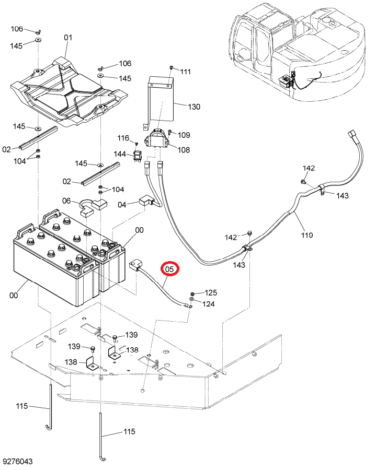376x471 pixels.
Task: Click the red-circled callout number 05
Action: (170, 269)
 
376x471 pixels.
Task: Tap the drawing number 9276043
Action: (18, 462)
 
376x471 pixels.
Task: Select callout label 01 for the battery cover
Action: (69, 38)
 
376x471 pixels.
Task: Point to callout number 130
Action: (194, 107)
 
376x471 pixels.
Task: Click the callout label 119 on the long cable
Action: (307, 235)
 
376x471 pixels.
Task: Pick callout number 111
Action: (186, 72)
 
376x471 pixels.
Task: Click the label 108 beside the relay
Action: (184, 149)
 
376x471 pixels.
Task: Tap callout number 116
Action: (123, 138)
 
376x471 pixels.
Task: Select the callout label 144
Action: (120, 154)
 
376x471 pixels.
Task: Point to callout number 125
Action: (211, 292)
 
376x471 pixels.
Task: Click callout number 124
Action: (209, 304)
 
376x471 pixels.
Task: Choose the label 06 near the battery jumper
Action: (66, 201)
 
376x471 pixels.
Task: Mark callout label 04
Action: (122, 205)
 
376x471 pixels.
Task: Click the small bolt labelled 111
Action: (171, 67)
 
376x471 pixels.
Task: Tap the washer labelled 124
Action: (191, 300)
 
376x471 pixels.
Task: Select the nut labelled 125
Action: (192, 293)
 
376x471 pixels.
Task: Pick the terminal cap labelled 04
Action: (145, 201)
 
